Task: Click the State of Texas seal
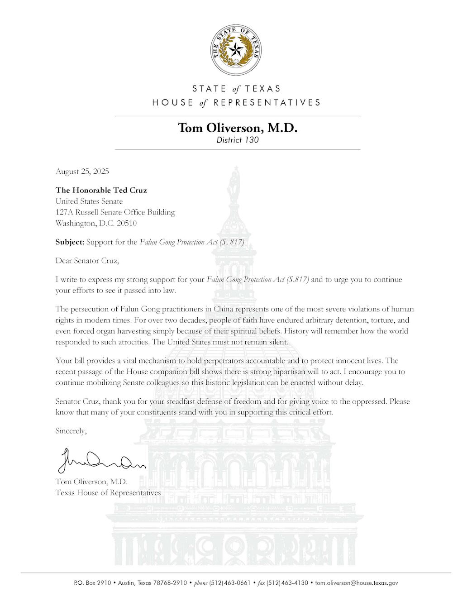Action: click(236, 50)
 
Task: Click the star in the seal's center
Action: click(235, 49)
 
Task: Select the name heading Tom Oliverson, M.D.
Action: click(238, 128)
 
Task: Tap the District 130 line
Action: click(238, 140)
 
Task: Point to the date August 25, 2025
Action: click(82, 171)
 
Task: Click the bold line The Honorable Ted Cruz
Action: click(101, 190)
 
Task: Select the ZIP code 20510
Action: click(127, 223)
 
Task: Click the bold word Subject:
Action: click(70, 242)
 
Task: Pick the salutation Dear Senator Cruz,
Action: click(87, 261)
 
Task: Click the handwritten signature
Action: click(101, 461)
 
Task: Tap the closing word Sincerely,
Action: click(71, 431)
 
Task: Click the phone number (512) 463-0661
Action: click(229, 583)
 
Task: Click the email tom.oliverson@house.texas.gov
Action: click(357, 583)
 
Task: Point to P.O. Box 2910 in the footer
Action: click(92, 583)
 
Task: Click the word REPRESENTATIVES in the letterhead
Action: click(267, 103)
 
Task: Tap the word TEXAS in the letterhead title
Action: click(263, 89)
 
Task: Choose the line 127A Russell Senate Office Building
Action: click(115, 212)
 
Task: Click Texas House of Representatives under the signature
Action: click(108, 492)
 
